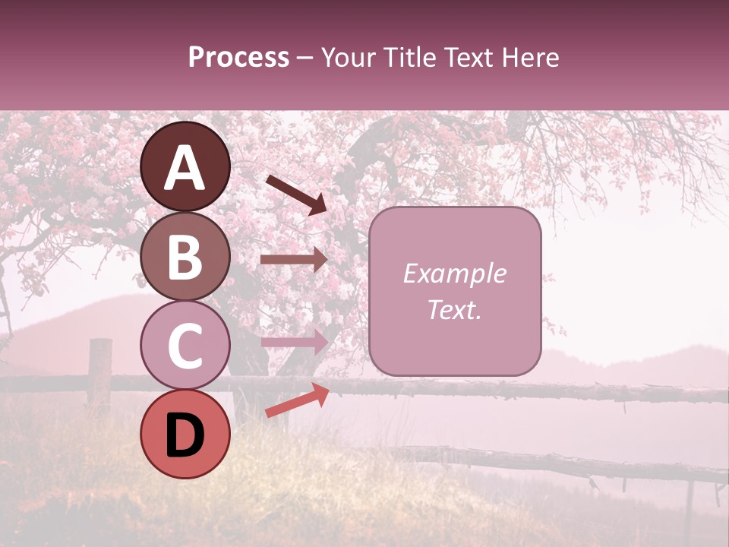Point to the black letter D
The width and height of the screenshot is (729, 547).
185,436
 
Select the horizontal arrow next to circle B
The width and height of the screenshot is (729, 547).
294,260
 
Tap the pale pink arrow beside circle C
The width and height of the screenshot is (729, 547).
294,342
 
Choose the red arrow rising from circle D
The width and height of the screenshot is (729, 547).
297,400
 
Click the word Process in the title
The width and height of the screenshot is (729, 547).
238,58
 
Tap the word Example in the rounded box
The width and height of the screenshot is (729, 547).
454,273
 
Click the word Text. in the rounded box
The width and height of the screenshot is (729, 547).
454,309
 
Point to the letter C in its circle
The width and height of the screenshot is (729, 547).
185,346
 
